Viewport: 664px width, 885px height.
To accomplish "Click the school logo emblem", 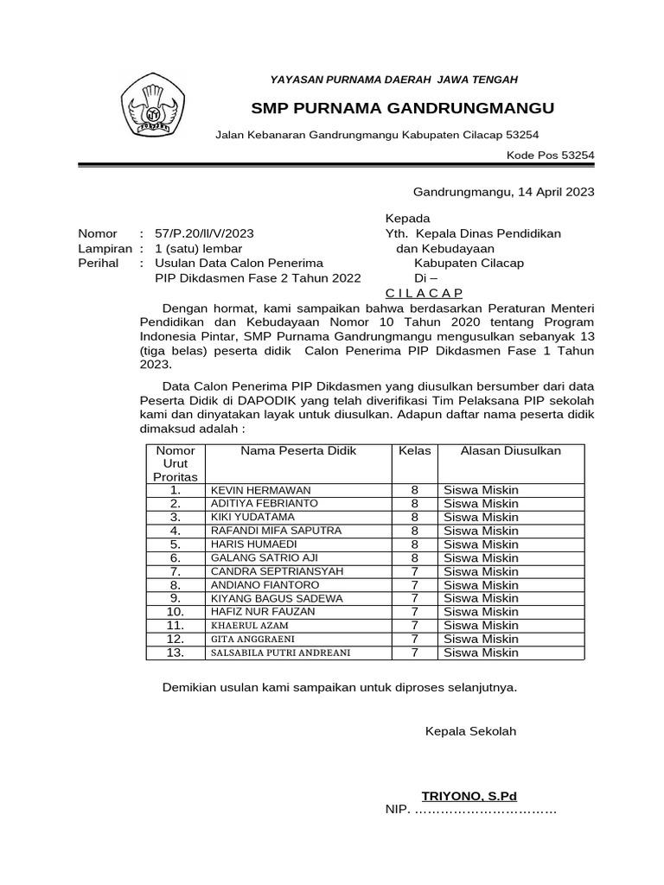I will click(x=152, y=105).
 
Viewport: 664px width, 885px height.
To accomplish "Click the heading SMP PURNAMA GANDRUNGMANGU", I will click(x=402, y=108).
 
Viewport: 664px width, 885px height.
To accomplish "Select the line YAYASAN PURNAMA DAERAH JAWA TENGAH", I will click(x=394, y=80).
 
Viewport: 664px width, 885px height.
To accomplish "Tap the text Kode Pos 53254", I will click(x=550, y=156).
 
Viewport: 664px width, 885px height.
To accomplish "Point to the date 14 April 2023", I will click(x=555, y=192).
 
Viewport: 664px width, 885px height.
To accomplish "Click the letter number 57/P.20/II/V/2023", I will click(x=204, y=233).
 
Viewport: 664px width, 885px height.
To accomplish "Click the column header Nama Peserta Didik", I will click(x=298, y=451).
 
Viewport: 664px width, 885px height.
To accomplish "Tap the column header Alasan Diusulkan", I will click(x=510, y=451).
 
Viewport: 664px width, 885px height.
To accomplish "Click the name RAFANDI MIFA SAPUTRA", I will click(x=276, y=531).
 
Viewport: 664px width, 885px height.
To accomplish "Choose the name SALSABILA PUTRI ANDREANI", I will click(x=280, y=653).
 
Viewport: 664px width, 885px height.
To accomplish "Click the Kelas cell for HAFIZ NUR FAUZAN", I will click(x=415, y=612).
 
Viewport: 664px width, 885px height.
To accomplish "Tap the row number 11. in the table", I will click(x=176, y=625).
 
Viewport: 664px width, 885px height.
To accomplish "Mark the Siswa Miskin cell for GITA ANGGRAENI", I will click(x=481, y=639).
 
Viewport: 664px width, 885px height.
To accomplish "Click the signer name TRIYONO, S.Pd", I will click(x=469, y=796).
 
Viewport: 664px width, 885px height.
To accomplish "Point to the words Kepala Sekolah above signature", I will click(x=470, y=731).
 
